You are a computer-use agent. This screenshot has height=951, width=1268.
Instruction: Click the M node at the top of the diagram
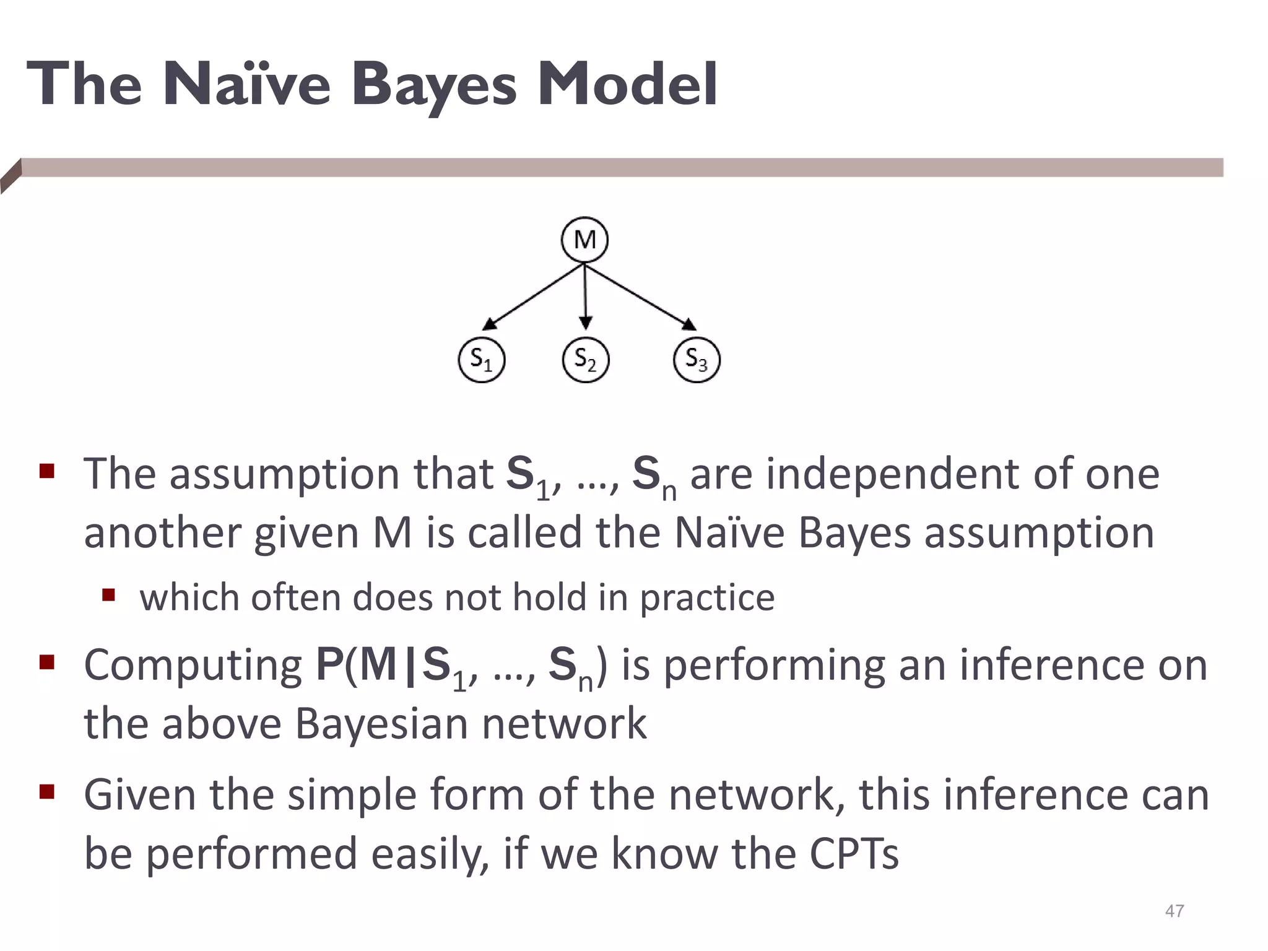coord(584,240)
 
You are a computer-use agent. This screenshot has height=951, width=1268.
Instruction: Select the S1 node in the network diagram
coord(481,360)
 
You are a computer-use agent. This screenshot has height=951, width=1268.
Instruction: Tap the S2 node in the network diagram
coord(585,360)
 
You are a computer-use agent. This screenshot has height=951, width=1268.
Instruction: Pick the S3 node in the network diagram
coord(697,360)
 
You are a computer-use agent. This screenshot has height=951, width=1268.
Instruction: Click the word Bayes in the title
coord(433,85)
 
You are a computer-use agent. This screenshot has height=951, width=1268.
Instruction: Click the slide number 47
coord(1175,911)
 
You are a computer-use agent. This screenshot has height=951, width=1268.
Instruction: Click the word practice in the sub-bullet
coord(707,598)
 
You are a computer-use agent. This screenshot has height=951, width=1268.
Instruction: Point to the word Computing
coord(193,666)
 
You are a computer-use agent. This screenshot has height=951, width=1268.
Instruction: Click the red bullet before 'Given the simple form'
coord(47,792)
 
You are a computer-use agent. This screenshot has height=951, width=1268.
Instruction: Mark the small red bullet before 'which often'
coord(109,596)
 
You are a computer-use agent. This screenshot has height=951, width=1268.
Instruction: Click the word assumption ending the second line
coord(1039,533)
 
